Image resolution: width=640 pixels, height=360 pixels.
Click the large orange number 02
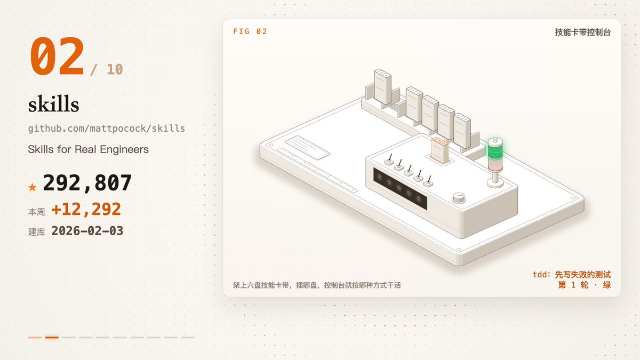click(57, 56)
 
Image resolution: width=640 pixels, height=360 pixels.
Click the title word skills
click(53, 103)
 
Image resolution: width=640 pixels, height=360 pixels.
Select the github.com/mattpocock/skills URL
click(106, 129)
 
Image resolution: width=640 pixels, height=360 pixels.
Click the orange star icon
click(33, 187)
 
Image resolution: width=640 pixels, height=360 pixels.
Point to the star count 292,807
click(87, 183)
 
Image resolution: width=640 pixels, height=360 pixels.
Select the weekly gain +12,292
click(86, 209)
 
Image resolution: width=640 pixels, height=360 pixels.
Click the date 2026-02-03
click(87, 230)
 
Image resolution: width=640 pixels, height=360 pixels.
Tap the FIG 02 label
click(250, 31)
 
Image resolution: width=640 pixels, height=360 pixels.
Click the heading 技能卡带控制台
click(583, 33)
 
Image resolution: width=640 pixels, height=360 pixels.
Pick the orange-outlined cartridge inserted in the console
click(439, 150)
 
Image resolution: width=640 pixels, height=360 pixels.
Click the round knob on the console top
click(459, 197)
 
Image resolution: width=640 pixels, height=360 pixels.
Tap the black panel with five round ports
click(400, 189)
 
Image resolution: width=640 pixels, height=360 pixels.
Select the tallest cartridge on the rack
click(382, 86)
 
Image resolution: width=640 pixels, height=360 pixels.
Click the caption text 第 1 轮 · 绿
click(585, 285)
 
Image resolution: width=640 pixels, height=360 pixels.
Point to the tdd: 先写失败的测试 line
click(572, 275)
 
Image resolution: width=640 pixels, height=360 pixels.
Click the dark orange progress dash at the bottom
click(52, 338)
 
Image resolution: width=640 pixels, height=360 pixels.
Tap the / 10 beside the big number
click(107, 69)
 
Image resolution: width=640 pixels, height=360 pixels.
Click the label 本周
click(37, 212)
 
